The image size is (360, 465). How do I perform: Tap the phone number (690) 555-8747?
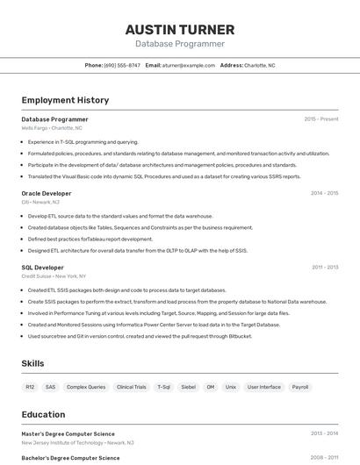pos(122,65)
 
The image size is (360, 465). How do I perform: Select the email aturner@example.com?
pos(188,65)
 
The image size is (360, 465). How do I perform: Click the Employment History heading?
pos(65,100)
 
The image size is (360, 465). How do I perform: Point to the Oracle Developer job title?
pos(47,193)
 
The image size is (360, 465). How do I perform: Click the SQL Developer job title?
pos(42,268)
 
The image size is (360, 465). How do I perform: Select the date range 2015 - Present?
pos(320,119)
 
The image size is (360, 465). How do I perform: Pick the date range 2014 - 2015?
pos(324,193)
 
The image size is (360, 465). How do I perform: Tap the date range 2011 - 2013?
pos(324,268)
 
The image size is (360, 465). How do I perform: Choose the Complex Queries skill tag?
pos(86,387)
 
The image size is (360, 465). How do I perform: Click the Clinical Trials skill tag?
pos(132,387)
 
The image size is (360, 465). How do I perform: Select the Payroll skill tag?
pos(300,387)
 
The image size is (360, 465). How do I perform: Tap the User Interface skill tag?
pos(264,387)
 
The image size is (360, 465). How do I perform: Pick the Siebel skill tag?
pos(188,387)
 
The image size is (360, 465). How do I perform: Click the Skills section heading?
pos(33,363)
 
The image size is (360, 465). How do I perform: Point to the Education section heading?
pos(43,414)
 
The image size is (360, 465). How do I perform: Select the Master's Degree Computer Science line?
pos(68,433)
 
